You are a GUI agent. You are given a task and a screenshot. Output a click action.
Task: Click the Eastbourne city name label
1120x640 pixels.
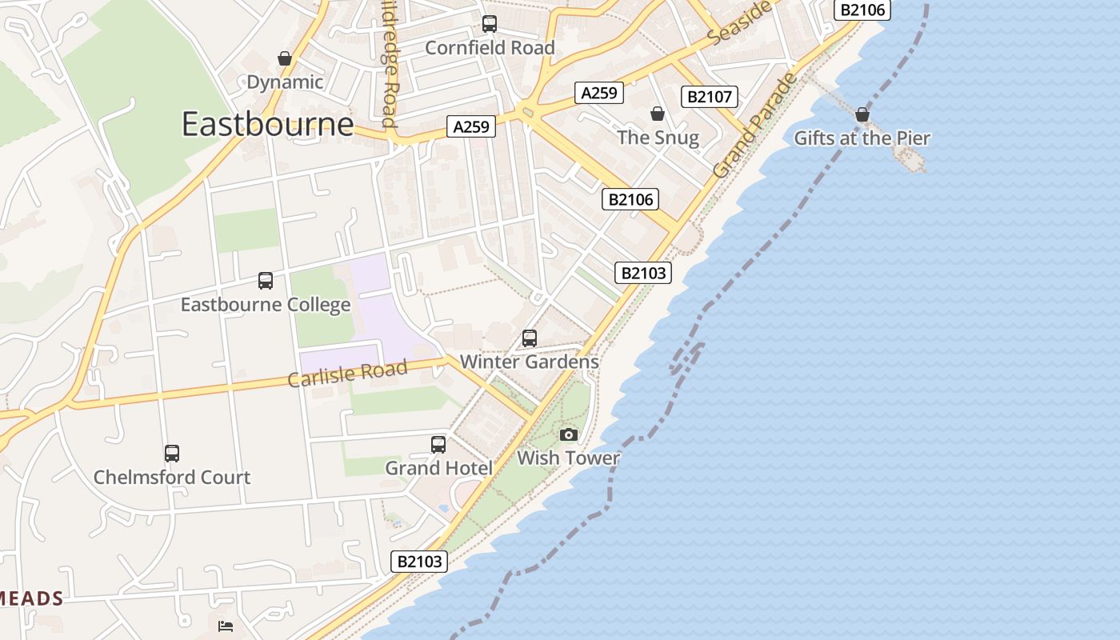267,124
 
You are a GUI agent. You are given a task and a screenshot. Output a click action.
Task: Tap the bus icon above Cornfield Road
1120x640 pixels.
489,24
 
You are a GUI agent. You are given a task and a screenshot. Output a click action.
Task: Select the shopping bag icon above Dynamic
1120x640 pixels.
284,58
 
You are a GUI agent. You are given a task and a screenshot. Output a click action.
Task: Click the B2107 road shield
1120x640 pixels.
709,97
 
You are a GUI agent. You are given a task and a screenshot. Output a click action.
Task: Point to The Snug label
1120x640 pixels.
658,138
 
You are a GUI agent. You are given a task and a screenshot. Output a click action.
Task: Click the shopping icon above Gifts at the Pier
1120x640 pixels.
862,115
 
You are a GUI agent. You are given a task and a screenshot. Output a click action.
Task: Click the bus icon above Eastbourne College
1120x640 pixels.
265,281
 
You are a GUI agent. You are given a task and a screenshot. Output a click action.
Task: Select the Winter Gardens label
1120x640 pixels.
529,362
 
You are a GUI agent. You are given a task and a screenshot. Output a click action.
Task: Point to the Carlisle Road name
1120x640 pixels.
347,373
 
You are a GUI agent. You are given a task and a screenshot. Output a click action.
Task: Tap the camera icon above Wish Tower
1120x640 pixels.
568,434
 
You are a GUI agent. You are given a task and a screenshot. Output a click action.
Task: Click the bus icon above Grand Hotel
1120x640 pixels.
438,445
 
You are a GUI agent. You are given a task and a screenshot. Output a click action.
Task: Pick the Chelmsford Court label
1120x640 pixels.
172,478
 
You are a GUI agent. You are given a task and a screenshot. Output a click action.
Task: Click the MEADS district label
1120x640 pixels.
32,598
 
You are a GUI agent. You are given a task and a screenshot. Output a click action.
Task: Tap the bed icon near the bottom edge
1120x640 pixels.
226,625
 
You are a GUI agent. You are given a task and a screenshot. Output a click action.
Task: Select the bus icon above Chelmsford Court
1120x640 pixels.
172,454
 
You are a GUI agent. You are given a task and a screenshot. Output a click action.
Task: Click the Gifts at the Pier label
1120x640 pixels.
862,138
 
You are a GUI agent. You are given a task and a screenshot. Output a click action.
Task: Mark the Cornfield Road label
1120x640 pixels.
490,48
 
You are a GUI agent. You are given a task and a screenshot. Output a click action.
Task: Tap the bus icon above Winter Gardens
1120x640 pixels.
529,338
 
